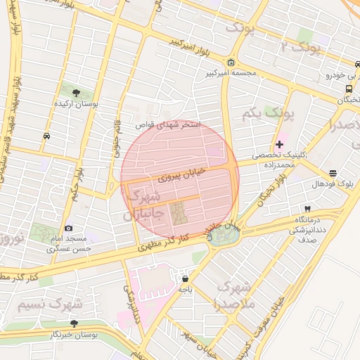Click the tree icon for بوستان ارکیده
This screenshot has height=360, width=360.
pos(76,92)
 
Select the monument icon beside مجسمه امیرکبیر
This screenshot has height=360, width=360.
pos(231,62)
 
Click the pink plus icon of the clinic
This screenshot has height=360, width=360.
pos(279,143)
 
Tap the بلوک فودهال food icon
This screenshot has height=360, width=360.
pos(333,173)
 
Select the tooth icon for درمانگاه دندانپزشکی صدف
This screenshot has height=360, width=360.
pos(307,209)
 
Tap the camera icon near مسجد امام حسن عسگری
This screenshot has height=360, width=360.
pos(68,228)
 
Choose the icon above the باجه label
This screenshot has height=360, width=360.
pos(185,278)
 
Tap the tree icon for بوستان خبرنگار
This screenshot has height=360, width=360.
pos(74,323)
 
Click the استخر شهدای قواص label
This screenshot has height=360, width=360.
pos(172,124)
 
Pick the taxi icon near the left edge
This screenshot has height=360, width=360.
pos(46,136)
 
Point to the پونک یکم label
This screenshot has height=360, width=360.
pos(268,112)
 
